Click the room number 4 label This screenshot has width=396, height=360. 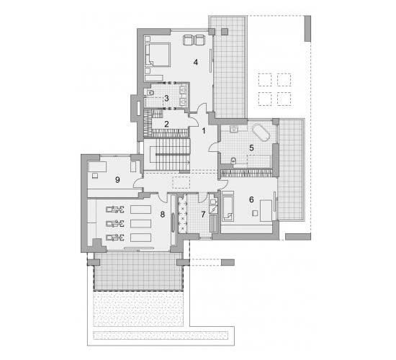pyautogui.click(x=195, y=62)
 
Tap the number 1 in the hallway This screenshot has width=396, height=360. pyautogui.click(x=204, y=131)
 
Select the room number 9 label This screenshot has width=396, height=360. pyautogui.click(x=117, y=179)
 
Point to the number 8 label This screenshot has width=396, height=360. pyautogui.click(x=163, y=215)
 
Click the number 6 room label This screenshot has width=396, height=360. pyautogui.click(x=251, y=199)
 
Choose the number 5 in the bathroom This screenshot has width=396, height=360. pyautogui.click(x=251, y=148)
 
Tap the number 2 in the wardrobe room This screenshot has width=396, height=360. pyautogui.click(x=166, y=124)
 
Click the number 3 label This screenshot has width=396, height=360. pyautogui.click(x=166, y=98)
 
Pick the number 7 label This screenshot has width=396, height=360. pyautogui.click(x=204, y=215)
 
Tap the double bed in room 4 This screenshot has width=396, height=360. pyautogui.click(x=158, y=55)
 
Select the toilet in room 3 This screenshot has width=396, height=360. pyautogui.click(x=150, y=93)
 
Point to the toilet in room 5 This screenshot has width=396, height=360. pyautogui.click(x=234, y=161)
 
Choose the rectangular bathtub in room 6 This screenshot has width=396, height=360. pyautogui.click(x=228, y=206)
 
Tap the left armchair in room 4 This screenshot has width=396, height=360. pyautogui.click(x=188, y=40)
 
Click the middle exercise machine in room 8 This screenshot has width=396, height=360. pyautogui.click(x=115, y=223)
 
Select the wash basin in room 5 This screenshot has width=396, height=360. pyautogui.click(x=234, y=129)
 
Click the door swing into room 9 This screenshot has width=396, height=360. pyautogui.click(x=138, y=183)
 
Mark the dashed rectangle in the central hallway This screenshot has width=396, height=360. pyautogui.click(x=181, y=182)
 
